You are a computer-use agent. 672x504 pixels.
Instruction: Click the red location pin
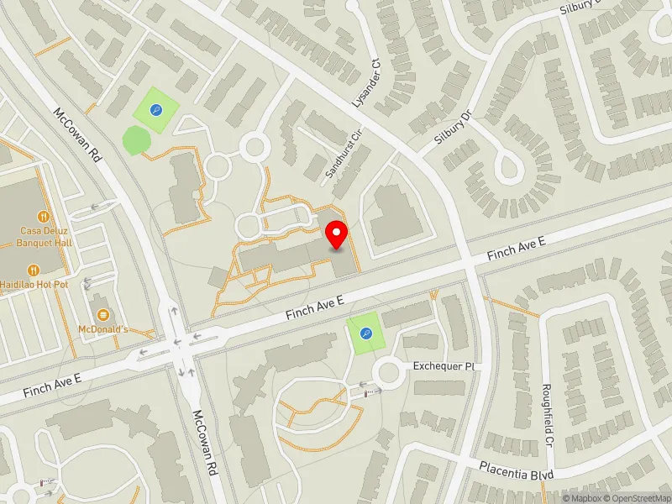[338, 235]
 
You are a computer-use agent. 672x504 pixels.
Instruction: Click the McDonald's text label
[102, 329]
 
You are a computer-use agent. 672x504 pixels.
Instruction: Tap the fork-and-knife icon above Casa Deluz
[34, 214]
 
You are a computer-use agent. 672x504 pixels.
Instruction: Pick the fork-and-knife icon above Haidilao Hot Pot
[34, 270]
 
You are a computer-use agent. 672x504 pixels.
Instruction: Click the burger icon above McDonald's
[102, 314]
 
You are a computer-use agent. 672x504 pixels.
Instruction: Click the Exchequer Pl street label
[444, 367]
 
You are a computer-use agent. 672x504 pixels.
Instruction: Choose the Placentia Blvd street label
[517, 471]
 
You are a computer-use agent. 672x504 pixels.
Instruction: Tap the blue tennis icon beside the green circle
[155, 109]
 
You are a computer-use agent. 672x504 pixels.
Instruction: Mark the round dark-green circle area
[134, 139]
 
